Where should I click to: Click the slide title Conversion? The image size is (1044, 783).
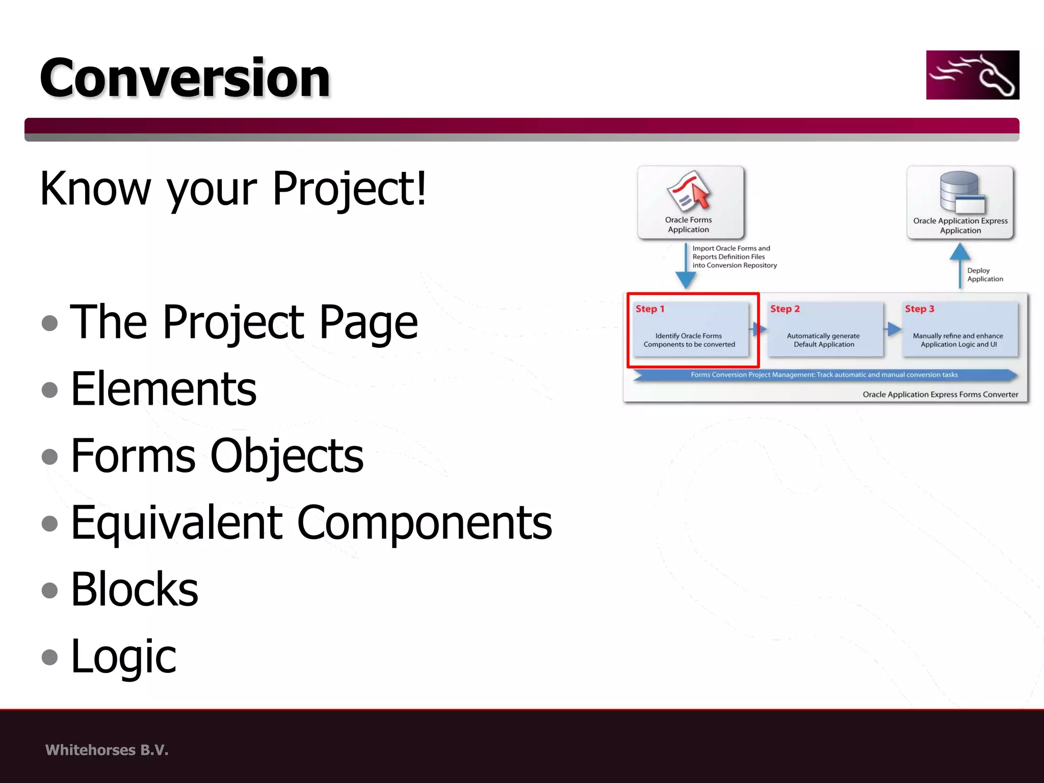point(185,77)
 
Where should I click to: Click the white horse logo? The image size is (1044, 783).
point(972,75)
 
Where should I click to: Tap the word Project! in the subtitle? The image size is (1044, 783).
point(349,189)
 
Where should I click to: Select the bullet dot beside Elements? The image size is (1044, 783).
point(49,390)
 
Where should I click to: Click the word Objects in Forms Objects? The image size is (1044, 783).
point(286,455)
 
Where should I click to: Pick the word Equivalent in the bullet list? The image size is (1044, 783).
point(176,523)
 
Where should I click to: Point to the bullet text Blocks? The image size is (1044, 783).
point(135,589)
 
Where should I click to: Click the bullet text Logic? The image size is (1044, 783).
point(123,657)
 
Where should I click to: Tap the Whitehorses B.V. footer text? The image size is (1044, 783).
point(107,750)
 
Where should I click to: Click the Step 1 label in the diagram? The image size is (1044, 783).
point(650,309)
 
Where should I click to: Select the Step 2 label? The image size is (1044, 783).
point(785,309)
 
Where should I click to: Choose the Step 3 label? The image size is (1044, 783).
point(919,309)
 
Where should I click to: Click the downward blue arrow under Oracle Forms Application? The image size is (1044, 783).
point(686,268)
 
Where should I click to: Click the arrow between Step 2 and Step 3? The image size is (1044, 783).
point(893,329)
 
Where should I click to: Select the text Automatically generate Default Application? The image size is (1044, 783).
point(823,340)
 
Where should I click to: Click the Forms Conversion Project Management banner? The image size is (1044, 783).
point(824,375)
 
